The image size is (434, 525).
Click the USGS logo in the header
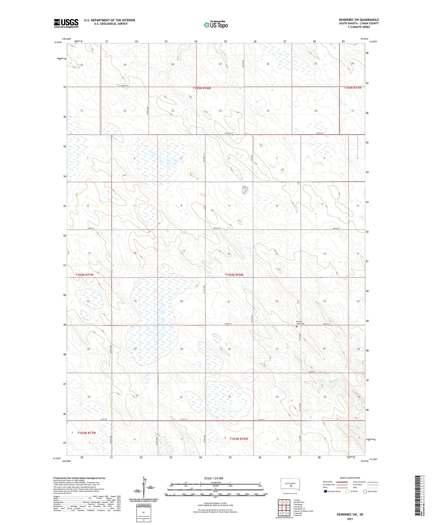tap(66, 23)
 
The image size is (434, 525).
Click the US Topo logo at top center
tap(215, 25)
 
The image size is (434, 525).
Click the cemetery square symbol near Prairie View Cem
tap(296, 326)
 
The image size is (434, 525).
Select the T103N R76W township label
tap(239, 439)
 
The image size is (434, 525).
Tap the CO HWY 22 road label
tap(229, 133)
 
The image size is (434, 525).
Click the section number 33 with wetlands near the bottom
tap(229, 397)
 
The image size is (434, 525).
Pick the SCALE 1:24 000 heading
tap(214, 478)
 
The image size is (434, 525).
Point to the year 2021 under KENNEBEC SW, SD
tap(350, 519)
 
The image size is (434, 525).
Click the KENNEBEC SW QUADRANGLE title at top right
tap(359, 20)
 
